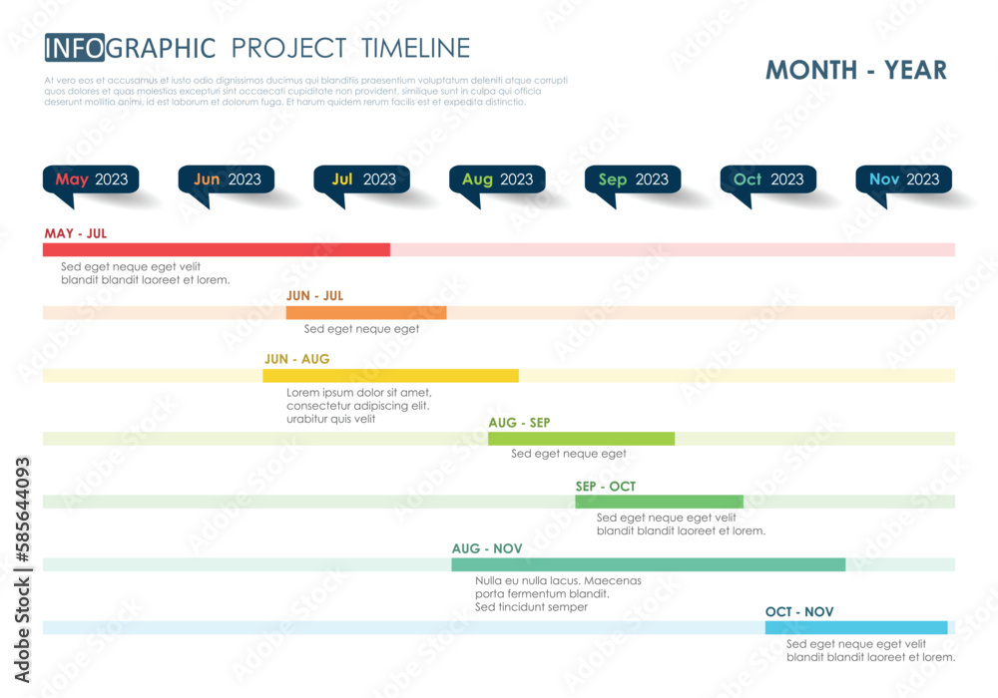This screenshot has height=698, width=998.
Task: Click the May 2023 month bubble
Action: [91, 179]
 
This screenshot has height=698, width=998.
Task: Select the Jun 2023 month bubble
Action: [227, 179]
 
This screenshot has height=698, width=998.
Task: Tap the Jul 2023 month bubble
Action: [362, 179]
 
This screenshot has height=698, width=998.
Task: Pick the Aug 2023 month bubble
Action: [497, 179]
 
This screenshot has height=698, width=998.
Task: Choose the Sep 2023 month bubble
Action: [633, 179]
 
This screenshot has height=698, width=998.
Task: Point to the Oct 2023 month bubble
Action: [768, 179]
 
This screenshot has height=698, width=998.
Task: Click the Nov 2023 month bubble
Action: [904, 179]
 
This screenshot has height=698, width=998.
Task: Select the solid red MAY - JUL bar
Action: [216, 249]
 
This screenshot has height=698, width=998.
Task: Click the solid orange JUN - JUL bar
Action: [365, 312]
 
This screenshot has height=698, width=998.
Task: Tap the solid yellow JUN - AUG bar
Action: [390, 375]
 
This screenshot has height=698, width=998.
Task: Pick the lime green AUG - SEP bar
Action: [581, 439]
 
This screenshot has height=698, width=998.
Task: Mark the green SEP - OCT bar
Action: [659, 502]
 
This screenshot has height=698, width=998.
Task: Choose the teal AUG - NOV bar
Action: [648, 564]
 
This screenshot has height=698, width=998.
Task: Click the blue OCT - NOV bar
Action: [855, 627]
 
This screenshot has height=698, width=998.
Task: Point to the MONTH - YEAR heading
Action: [855, 70]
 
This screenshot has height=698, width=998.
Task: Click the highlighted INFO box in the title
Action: [74, 47]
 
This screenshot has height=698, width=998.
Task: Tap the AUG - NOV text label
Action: [486, 548]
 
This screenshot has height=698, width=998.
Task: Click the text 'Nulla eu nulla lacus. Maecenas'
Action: [558, 580]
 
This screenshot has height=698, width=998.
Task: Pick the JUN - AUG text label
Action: [296, 359]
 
